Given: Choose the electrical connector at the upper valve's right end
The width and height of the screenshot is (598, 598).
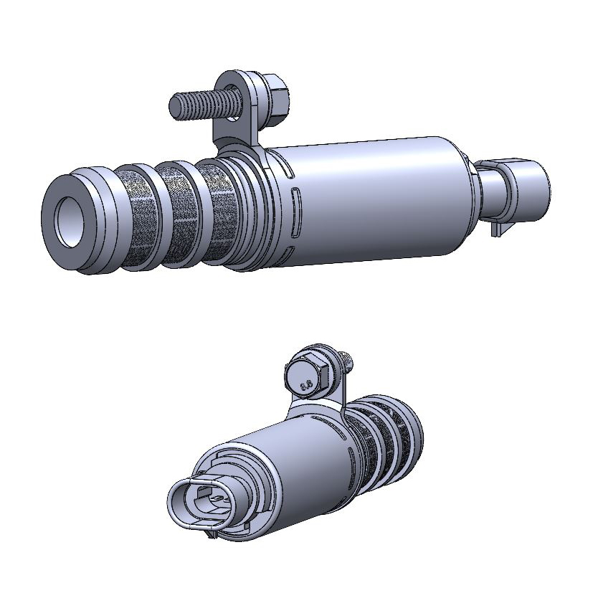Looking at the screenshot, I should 526,186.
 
